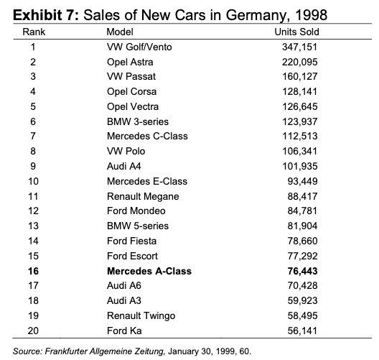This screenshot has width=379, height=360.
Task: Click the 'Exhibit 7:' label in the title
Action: tap(46, 15)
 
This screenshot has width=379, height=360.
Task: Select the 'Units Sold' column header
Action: tap(296, 32)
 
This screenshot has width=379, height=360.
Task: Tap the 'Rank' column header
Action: tap(34, 32)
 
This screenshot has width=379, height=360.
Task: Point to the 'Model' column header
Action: tap(120, 32)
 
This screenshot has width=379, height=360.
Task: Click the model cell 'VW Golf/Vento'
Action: tap(139, 47)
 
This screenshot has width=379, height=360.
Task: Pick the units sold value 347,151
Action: tap(299, 47)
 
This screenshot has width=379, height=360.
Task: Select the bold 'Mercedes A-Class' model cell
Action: tap(149, 271)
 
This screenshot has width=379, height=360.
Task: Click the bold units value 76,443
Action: tap(302, 271)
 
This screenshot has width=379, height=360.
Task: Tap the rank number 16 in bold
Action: tap(33, 271)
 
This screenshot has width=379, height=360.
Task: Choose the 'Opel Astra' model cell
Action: tap(130, 63)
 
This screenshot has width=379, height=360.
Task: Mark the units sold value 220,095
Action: tap(299, 63)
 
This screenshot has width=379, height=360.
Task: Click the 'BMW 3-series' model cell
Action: tap(138, 121)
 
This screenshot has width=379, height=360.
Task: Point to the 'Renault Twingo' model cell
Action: tap(141, 315)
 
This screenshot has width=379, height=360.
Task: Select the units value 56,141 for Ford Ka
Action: tap(302, 331)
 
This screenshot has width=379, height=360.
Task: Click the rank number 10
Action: tap(33, 181)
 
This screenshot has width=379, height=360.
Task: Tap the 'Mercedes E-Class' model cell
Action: tap(147, 181)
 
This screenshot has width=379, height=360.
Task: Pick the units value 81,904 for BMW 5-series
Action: tap(302, 226)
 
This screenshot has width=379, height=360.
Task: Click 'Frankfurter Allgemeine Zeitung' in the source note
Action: tap(105, 351)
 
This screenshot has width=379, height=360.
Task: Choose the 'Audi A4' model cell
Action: tap(124, 166)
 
